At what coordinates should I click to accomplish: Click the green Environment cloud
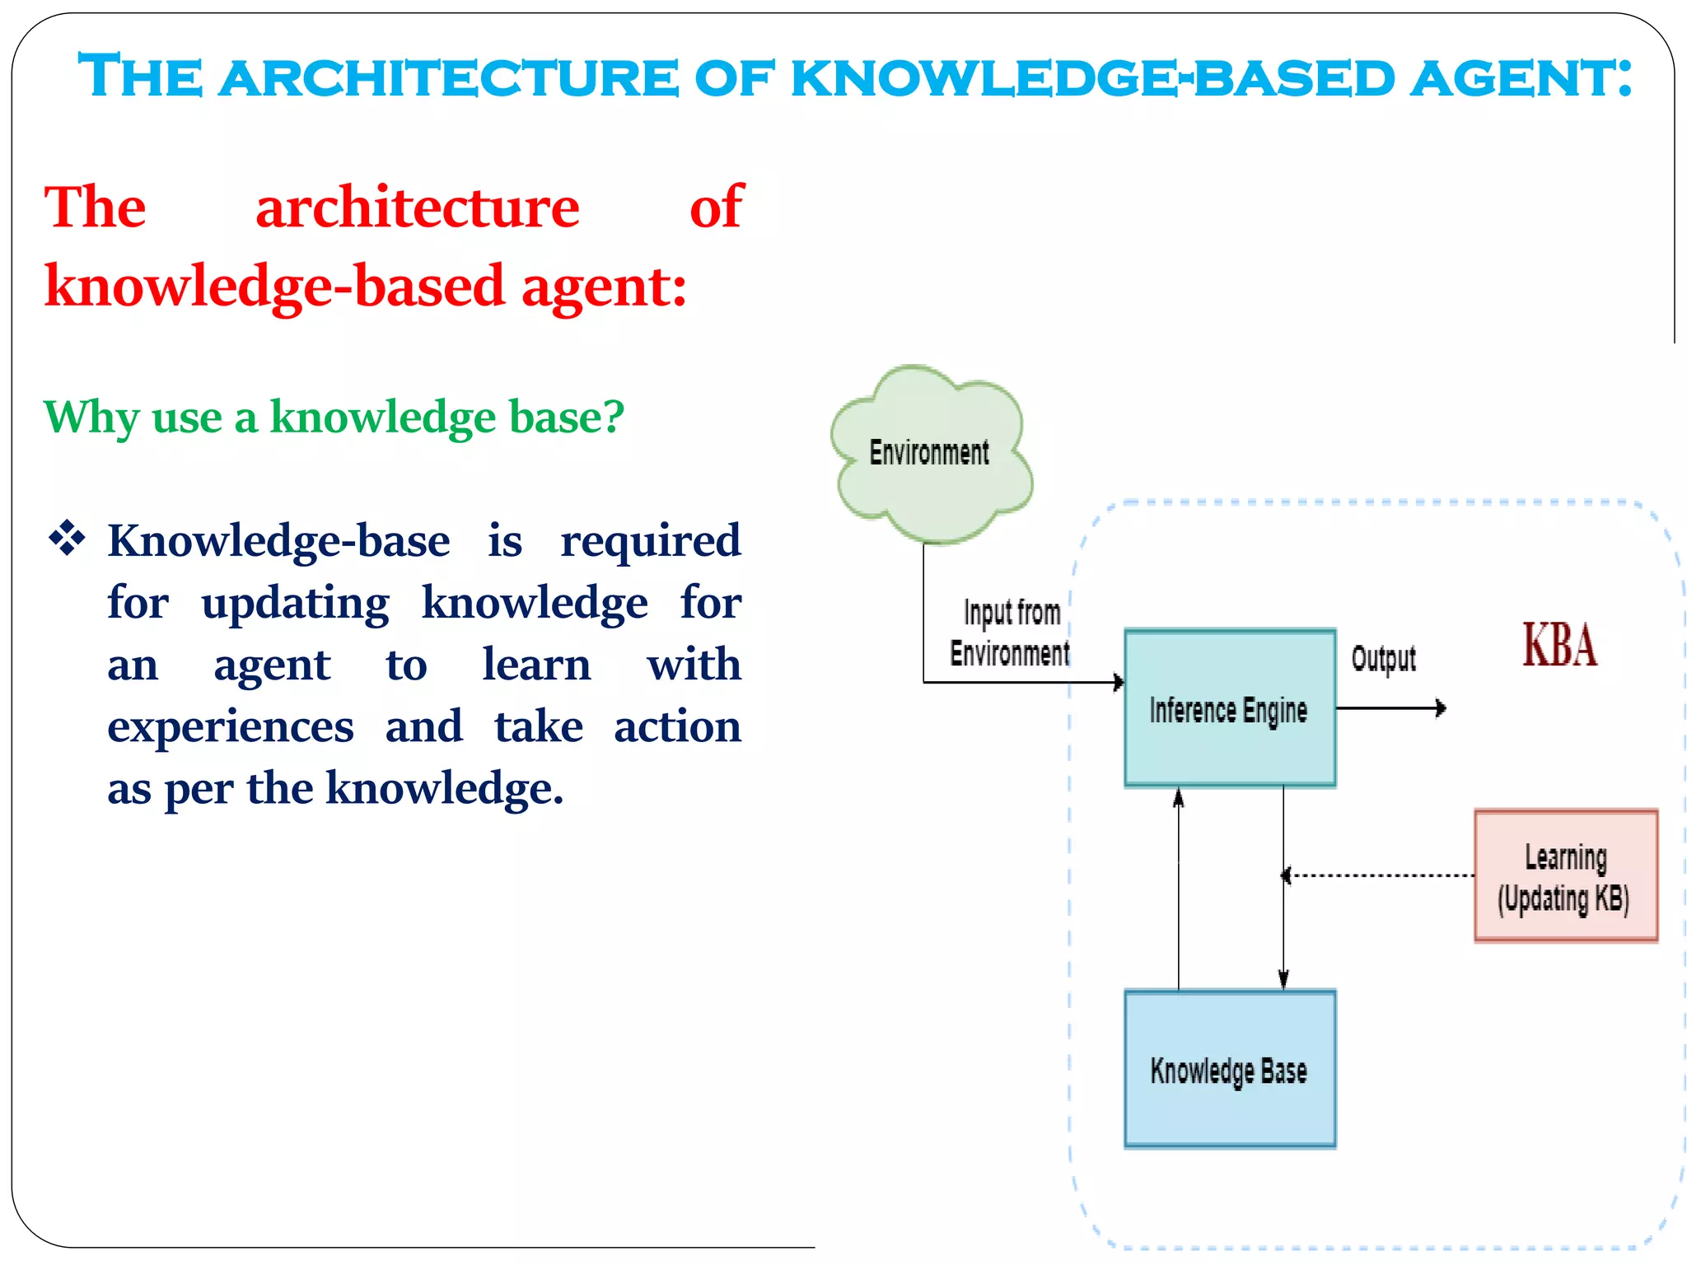(x=931, y=454)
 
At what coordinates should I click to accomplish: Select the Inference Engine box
(x=1229, y=708)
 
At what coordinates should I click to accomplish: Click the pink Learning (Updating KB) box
(x=1565, y=875)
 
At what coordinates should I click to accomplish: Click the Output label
(x=1383, y=659)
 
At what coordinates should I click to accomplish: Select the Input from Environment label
(x=1011, y=632)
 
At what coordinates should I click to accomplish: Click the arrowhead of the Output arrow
(x=1440, y=708)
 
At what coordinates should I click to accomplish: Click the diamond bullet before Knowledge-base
(x=68, y=539)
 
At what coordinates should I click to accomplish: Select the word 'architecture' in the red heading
(x=417, y=208)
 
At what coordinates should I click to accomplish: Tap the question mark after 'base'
(x=613, y=417)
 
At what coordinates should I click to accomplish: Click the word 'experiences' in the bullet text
(x=231, y=727)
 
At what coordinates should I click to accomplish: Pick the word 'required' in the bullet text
(x=650, y=541)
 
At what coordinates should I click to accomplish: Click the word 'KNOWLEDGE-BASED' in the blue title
(x=1092, y=78)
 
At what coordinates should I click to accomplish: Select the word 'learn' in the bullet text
(x=536, y=665)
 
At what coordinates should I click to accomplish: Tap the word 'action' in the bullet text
(x=677, y=727)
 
